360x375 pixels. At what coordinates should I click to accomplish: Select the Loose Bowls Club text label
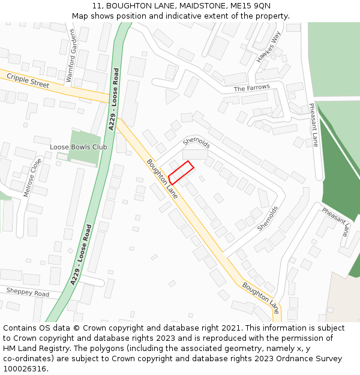(78, 147)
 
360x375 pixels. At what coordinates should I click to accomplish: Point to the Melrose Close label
(33, 178)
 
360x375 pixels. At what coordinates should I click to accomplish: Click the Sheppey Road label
(28, 293)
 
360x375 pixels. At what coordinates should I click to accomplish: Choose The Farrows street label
(251, 88)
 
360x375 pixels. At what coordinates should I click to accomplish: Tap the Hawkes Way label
(268, 47)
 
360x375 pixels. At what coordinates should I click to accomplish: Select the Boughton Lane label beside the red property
(162, 179)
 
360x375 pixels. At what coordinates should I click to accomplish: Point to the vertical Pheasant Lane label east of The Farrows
(313, 125)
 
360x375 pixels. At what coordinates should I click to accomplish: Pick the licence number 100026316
(26, 369)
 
